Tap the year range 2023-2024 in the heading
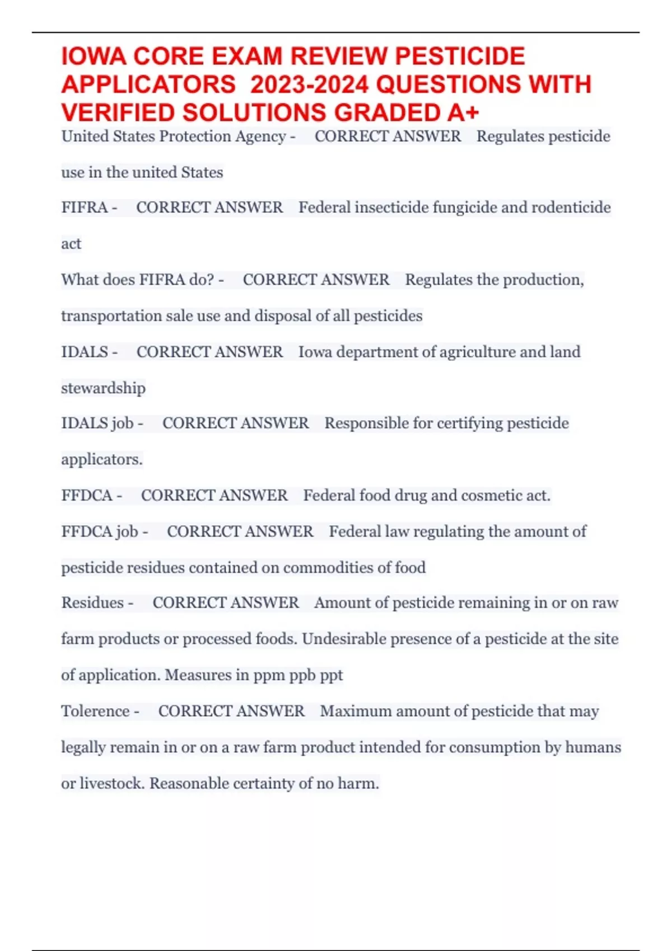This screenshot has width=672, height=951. click(309, 85)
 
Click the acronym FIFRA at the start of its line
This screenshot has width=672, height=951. click(85, 208)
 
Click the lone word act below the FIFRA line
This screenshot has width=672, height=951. click(71, 244)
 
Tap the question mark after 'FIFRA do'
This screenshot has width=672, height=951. click(211, 280)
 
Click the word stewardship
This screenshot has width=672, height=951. click(103, 388)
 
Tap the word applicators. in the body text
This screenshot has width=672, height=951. click(102, 460)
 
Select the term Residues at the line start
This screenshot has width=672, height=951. click(92, 603)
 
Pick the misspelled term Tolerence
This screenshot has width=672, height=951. click(95, 712)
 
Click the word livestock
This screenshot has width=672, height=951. click(112, 784)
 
